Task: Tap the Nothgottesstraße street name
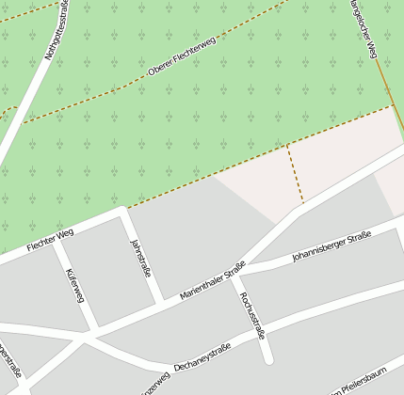pos(57,31)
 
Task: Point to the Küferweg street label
pos(74,286)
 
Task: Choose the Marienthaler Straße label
pos(212,281)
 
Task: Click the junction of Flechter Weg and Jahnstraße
pos(122,213)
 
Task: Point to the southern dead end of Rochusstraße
pos(267,359)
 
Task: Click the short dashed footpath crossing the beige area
pos(295,173)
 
